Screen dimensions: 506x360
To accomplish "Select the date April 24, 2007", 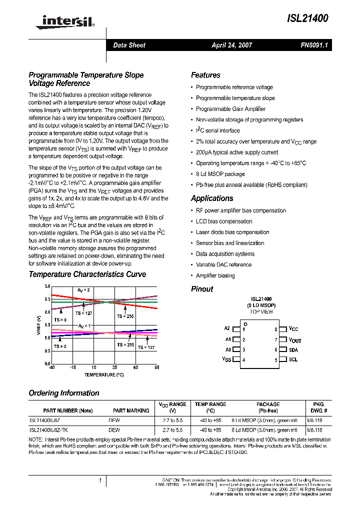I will tap(231, 45).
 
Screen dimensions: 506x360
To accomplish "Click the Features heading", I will tap(205, 75).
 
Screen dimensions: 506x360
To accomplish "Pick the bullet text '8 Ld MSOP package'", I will tap(220, 174).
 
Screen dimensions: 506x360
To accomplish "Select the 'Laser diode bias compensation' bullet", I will tap(232, 232).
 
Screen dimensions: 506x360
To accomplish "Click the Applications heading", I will tap(212, 198).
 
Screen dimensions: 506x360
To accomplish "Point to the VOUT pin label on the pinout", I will tap(295, 340).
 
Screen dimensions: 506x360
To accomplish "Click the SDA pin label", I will tap(293, 350).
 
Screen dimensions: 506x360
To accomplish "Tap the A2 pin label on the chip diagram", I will tap(227, 328).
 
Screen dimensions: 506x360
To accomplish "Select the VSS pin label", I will tap(226, 359).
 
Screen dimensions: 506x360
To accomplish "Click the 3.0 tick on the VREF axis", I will tap(47, 286).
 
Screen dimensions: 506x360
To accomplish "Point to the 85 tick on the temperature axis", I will tap(156, 367).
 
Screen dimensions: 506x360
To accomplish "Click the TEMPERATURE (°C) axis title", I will tap(103, 374).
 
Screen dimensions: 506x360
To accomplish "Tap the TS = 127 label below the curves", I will tap(146, 347).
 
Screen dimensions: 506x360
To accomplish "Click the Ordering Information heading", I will tap(63, 393).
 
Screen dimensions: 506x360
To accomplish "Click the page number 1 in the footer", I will tap(100, 480).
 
